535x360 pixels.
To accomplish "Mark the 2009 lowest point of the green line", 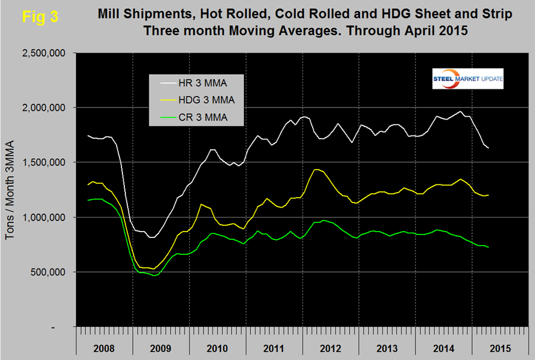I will click(x=155, y=275).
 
